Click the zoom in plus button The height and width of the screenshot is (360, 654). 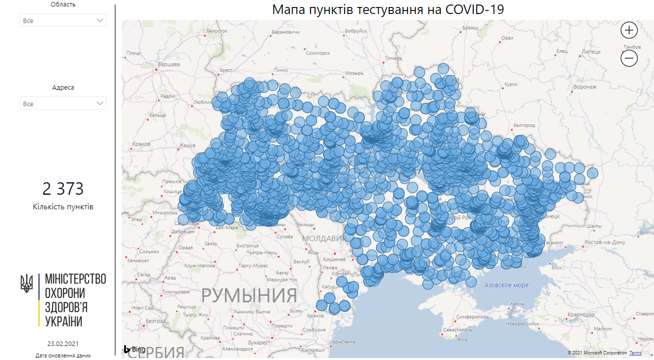click(629, 31)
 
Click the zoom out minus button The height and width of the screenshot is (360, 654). click(629, 59)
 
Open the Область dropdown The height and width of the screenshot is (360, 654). click(63, 20)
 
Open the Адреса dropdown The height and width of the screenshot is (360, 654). click(63, 103)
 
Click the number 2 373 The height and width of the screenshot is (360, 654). click(63, 189)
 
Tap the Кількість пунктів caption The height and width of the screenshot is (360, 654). click(63, 207)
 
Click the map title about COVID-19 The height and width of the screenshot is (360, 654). click(388, 10)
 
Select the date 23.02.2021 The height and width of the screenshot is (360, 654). click(63, 344)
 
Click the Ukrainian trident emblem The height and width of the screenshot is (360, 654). click(27, 283)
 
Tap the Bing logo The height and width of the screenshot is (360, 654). click(135, 349)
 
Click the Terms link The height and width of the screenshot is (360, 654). click(635, 353)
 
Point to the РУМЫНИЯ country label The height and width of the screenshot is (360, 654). click(249, 295)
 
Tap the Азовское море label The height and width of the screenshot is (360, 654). click(506, 285)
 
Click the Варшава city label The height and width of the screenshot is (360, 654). click(169, 65)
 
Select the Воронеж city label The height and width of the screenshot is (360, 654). click(585, 87)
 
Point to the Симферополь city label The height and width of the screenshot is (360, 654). click(472, 317)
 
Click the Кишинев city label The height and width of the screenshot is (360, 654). click(334, 259)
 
